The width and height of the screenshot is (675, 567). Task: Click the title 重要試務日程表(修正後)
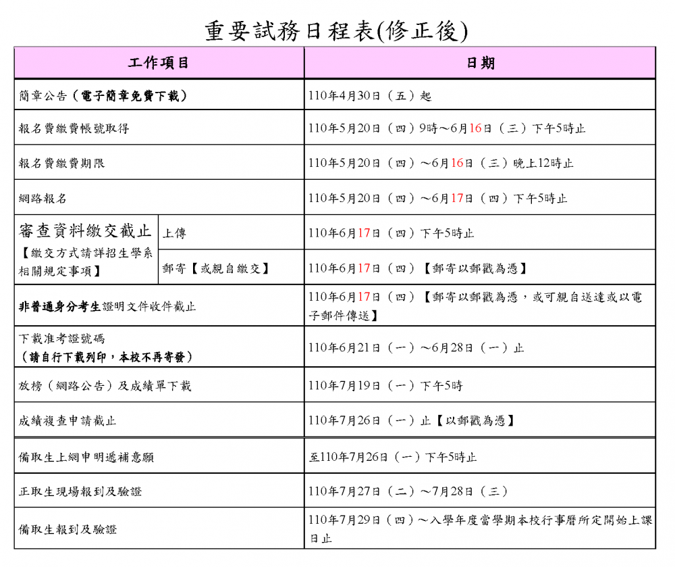(336, 30)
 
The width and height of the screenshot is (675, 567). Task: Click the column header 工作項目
(159, 63)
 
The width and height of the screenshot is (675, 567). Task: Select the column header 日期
(480, 63)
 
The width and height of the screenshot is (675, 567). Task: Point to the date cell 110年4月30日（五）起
(369, 96)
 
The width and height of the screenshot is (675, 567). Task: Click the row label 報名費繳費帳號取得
(74, 128)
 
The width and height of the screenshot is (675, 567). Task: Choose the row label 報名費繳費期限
(61, 164)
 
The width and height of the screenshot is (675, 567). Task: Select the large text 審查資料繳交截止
(85, 231)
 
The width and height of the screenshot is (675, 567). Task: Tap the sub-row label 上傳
(174, 233)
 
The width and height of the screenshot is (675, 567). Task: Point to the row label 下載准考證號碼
(61, 339)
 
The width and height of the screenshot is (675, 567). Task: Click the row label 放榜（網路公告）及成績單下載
(105, 386)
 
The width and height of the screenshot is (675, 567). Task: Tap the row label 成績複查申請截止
(67, 420)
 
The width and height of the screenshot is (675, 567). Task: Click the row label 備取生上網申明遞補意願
(86, 458)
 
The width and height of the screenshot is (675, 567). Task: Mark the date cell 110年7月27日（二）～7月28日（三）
(408, 491)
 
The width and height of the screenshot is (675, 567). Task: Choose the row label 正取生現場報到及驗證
(80, 491)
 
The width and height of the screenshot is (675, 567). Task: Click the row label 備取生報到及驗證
(67, 529)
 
